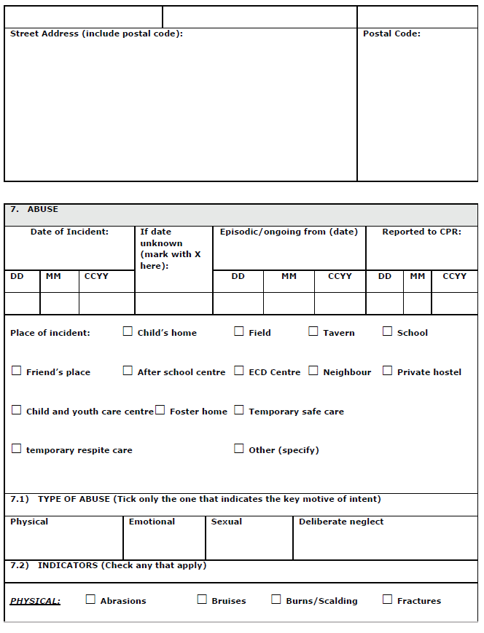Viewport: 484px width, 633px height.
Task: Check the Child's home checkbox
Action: [x=128, y=331]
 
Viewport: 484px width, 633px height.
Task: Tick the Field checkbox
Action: [x=239, y=331]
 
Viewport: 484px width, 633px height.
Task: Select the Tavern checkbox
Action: [x=313, y=331]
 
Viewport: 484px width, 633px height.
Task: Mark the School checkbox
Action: [x=388, y=331]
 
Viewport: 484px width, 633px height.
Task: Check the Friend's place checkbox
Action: [x=17, y=371]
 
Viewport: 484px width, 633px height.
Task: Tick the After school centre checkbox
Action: [x=128, y=371]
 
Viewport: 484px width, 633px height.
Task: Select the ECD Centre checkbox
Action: [x=239, y=371]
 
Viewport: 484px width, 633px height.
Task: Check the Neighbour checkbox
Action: [x=313, y=371]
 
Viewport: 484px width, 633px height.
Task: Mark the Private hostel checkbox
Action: [x=388, y=371]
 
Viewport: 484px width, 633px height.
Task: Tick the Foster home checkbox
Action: [x=160, y=410]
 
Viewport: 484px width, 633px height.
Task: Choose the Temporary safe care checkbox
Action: [x=239, y=410]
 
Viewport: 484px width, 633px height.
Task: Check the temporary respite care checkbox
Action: [x=17, y=449]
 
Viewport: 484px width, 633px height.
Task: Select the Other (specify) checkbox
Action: [x=239, y=449]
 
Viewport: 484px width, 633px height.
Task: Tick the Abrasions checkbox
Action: [x=91, y=599]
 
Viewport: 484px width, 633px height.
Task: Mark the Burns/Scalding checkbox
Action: [x=276, y=599]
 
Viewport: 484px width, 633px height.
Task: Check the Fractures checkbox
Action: [x=388, y=599]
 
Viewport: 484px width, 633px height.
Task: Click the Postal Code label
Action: [x=391, y=34]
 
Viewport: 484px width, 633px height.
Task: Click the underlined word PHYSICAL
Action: [x=35, y=601]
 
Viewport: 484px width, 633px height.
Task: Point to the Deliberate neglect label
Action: [x=340, y=522]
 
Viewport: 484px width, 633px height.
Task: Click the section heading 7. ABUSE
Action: [x=34, y=209]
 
